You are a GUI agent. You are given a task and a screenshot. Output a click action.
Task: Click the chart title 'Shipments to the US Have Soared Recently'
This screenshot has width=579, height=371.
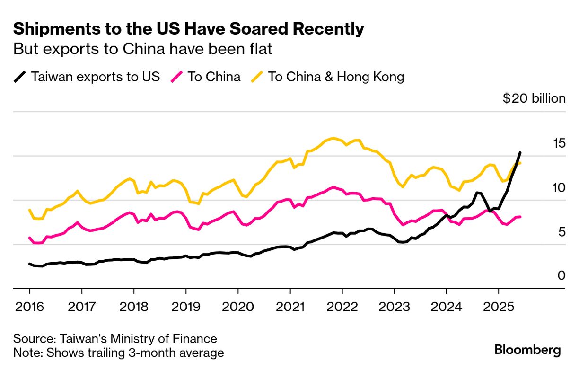pyautogui.click(x=188, y=29)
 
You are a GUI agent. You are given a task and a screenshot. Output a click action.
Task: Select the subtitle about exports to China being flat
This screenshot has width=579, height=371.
pyautogui.click(x=142, y=49)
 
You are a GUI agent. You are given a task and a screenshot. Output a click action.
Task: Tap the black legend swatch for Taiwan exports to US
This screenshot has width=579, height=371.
pyautogui.click(x=20, y=77)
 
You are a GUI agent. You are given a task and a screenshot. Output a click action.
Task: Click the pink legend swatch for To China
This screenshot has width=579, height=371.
pyautogui.click(x=176, y=77)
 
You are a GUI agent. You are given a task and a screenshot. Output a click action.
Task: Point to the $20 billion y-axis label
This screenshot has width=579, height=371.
pyautogui.click(x=534, y=98)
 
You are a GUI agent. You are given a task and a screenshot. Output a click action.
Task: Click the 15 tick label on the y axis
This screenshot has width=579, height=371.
pyautogui.click(x=558, y=143)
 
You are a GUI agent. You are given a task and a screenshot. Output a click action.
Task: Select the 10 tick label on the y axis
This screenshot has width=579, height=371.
pyautogui.click(x=558, y=188)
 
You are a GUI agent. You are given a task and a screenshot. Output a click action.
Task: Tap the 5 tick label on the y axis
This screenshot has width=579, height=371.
pyautogui.click(x=561, y=232)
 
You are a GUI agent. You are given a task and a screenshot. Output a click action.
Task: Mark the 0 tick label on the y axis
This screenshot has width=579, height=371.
pyautogui.click(x=561, y=275)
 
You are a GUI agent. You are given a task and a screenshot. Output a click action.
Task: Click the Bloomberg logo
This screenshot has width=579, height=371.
pyautogui.click(x=527, y=350)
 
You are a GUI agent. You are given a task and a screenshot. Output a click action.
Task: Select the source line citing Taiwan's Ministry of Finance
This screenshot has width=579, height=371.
pyautogui.click(x=115, y=339)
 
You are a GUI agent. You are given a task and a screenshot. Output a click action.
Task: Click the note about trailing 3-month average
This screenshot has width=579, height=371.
pyautogui.click(x=118, y=353)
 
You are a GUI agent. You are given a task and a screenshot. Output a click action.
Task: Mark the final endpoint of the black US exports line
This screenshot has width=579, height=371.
pyautogui.click(x=520, y=152)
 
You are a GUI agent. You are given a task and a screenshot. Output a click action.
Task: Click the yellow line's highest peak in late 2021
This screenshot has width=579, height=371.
pyautogui.click(x=333, y=138)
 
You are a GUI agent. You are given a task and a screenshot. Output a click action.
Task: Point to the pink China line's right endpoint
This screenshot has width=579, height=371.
pyautogui.click(x=520, y=217)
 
